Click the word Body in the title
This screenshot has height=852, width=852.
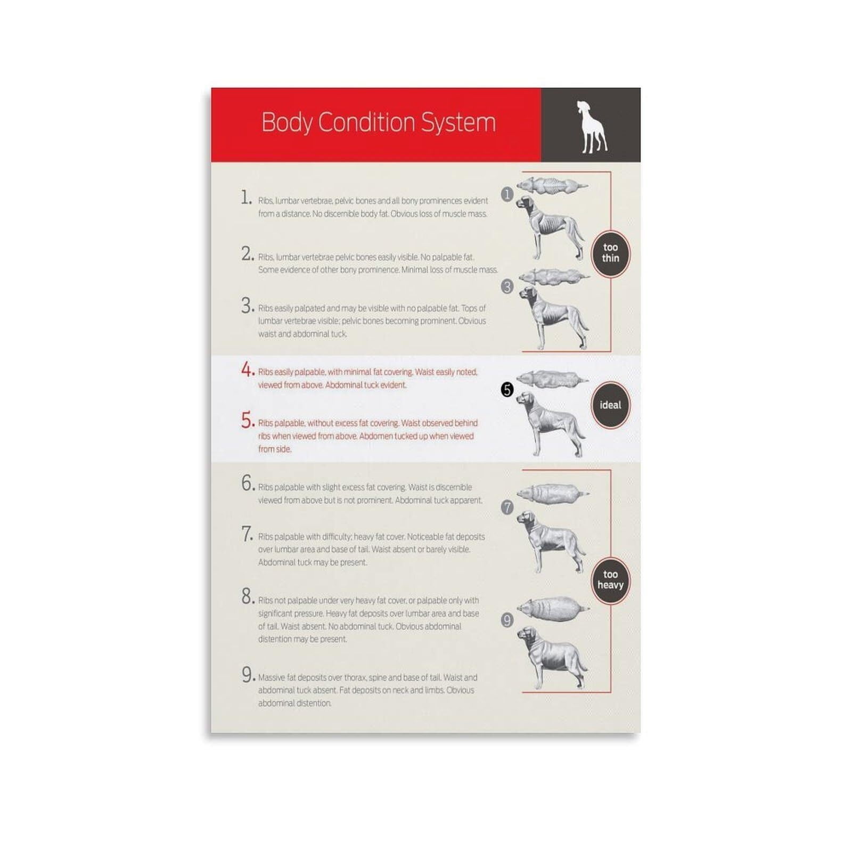point(286,123)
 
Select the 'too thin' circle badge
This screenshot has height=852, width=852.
point(610,253)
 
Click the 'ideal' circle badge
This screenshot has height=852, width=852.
point(610,405)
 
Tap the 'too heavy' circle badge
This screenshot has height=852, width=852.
point(610,579)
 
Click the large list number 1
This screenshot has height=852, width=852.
point(245,198)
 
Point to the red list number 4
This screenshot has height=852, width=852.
point(247,369)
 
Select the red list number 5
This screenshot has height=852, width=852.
point(247,420)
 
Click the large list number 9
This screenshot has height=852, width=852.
point(247,675)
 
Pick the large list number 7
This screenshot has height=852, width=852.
point(247,534)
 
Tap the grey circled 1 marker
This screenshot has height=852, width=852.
point(507,194)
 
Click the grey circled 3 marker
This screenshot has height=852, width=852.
point(507,287)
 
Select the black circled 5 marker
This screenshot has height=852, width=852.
point(507,390)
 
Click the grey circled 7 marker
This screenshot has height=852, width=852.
point(507,507)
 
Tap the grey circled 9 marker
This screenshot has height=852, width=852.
point(507,620)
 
